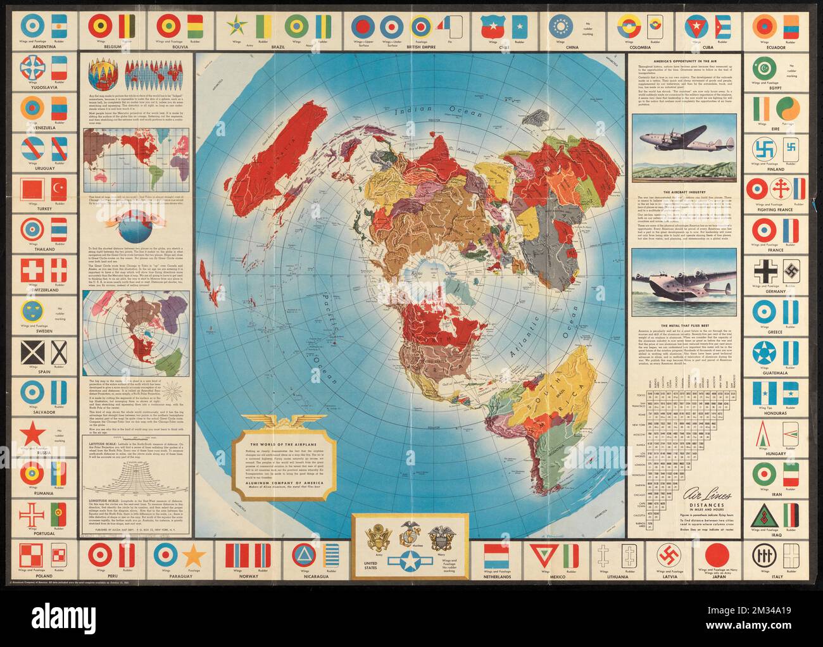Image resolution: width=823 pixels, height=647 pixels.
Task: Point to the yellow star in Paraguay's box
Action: point(194,556)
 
